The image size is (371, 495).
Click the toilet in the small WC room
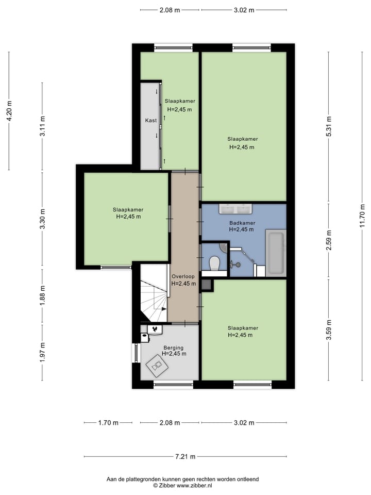tap(214, 263)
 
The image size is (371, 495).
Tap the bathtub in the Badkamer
tap(276, 253)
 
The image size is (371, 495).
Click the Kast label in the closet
tap(151, 120)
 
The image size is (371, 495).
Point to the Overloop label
tap(183, 276)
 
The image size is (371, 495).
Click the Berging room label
tap(173, 348)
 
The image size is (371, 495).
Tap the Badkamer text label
tap(242, 223)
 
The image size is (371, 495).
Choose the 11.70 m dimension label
tap(362, 214)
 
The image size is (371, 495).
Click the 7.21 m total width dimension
tap(185, 456)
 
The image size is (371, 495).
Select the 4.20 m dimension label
tap(9, 110)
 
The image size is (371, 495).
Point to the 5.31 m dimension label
tap(329, 126)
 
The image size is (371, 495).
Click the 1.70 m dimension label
tap(108, 423)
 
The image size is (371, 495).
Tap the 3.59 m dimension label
tap(329, 330)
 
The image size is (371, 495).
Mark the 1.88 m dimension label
tap(42, 295)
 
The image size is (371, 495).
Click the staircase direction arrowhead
tap(164, 309)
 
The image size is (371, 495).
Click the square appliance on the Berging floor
tap(157, 365)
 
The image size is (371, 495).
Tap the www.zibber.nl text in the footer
tap(194, 485)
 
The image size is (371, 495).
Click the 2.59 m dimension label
tap(329, 240)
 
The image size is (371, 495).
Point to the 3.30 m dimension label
tap(42, 219)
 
